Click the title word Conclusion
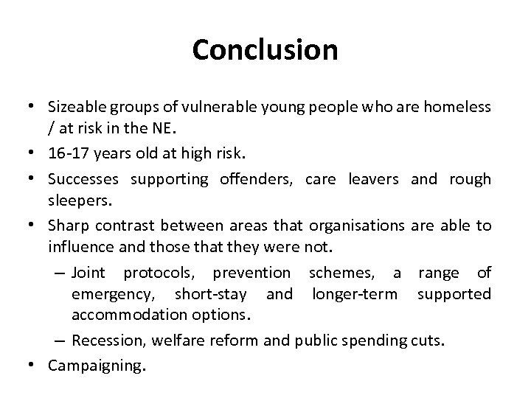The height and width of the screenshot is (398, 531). [265, 50]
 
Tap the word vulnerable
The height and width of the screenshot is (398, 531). [202, 108]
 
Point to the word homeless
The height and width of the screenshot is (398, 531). [460, 108]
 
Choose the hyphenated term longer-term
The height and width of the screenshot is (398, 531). [357, 294]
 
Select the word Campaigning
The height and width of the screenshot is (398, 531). [94, 366]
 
